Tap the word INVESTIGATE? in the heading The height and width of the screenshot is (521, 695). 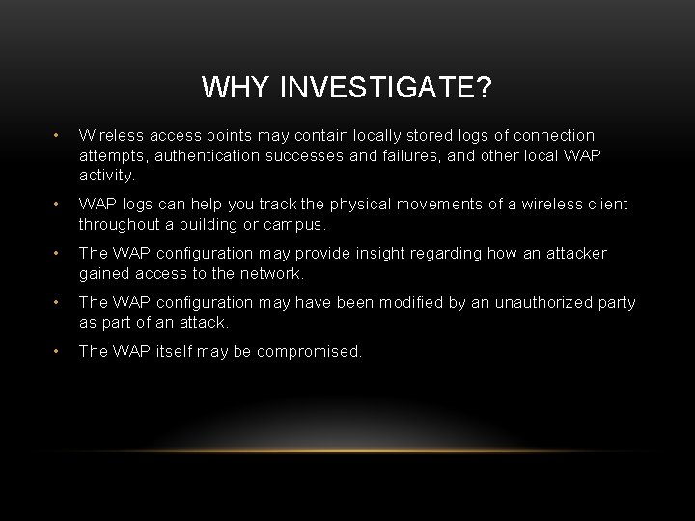point(385,89)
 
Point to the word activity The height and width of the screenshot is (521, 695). point(107,177)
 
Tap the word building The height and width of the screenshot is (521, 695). point(202,224)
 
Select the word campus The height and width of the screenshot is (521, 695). point(292,224)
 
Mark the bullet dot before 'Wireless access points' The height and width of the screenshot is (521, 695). point(58,136)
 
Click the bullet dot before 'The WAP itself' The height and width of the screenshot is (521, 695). point(58,352)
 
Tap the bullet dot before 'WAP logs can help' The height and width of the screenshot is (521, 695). point(58,205)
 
